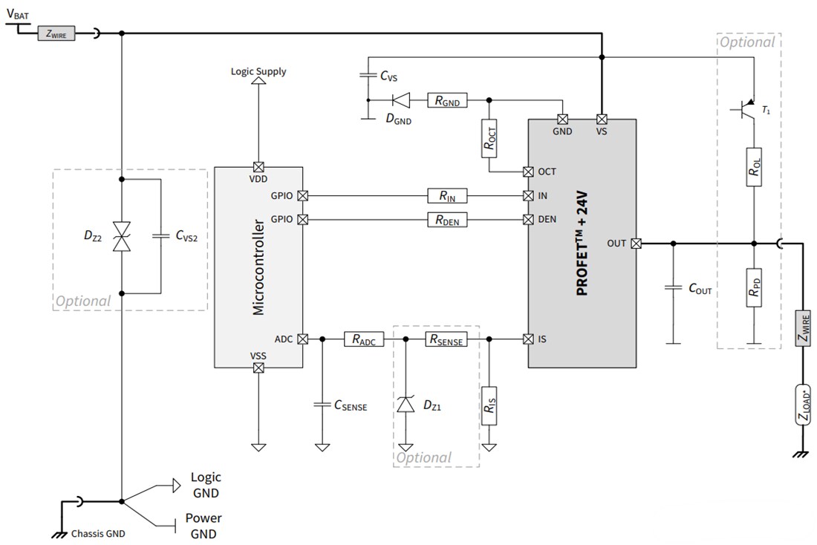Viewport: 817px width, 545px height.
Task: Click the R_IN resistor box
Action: click(x=447, y=196)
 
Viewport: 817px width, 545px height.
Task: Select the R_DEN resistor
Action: click(x=447, y=220)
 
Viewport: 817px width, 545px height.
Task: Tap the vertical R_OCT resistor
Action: click(x=489, y=139)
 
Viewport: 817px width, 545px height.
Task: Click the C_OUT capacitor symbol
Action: click(x=673, y=288)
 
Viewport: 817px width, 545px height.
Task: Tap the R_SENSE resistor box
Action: click(x=446, y=339)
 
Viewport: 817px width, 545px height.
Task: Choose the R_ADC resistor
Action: click(x=363, y=339)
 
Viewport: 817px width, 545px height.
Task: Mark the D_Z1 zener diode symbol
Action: click(x=406, y=405)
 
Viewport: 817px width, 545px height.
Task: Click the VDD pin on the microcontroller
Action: click(x=258, y=167)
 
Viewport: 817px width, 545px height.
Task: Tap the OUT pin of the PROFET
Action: click(x=637, y=244)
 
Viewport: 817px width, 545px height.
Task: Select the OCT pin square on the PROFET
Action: click(x=528, y=172)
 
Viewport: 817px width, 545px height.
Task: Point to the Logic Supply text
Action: click(x=258, y=72)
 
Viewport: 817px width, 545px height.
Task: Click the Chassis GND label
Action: click(x=98, y=533)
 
